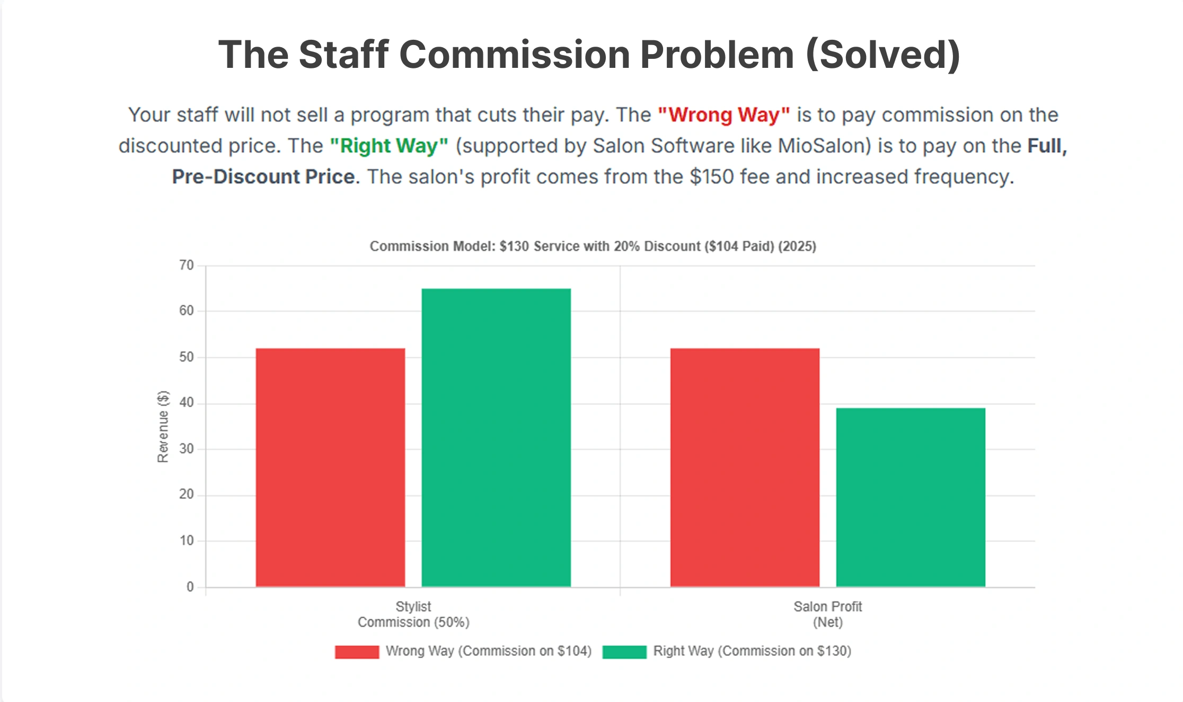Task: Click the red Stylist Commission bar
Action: click(330, 467)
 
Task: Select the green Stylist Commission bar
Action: click(496, 437)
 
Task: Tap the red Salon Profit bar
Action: click(745, 467)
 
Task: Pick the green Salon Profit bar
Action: click(911, 497)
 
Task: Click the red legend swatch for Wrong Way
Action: click(357, 652)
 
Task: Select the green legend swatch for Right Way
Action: click(624, 652)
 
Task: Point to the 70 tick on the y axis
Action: click(187, 265)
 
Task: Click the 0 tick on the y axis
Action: click(190, 587)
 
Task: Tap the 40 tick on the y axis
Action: click(187, 403)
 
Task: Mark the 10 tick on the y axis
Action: click(187, 541)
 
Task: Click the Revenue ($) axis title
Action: click(163, 427)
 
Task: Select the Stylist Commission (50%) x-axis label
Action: click(413, 614)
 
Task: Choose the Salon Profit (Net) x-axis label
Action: click(827, 614)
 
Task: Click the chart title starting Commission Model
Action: click(593, 247)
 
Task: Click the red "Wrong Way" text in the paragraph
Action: click(723, 115)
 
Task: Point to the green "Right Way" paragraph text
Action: click(389, 146)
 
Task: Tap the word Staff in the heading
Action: click(343, 55)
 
